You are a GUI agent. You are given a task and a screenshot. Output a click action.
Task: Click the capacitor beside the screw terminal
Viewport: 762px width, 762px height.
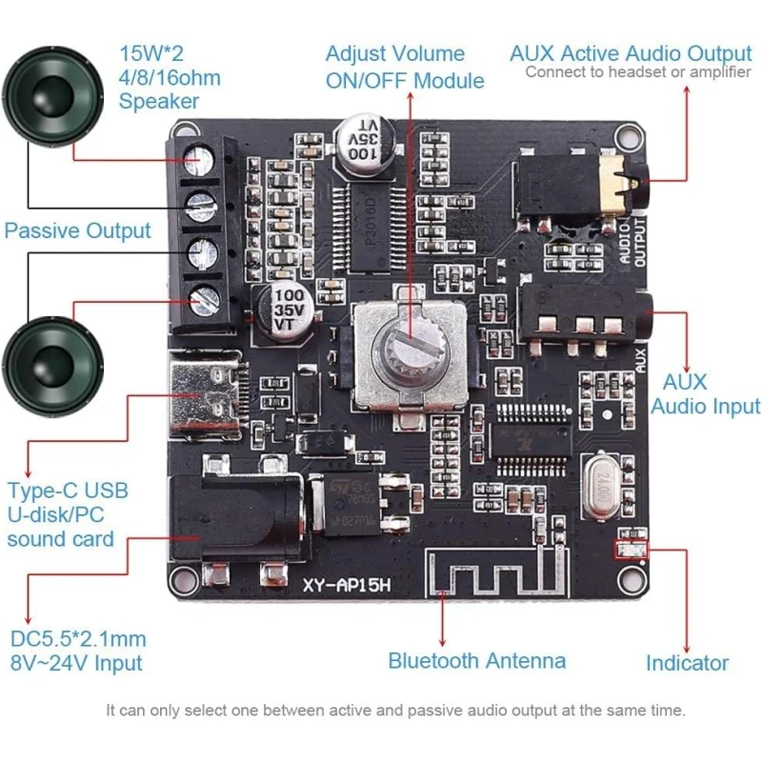pyautogui.click(x=284, y=307)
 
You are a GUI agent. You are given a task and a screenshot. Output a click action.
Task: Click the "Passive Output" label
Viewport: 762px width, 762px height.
pyautogui.click(x=78, y=231)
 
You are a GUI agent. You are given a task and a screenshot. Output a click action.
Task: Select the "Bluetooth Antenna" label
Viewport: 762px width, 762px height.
pyautogui.click(x=476, y=661)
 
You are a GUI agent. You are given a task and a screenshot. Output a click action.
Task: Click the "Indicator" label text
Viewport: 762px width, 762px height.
pyautogui.click(x=687, y=663)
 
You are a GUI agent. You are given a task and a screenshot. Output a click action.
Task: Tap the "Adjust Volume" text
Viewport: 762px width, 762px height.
pyautogui.click(x=394, y=54)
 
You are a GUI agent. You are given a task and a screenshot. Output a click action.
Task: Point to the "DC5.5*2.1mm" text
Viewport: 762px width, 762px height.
pyautogui.click(x=78, y=638)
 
